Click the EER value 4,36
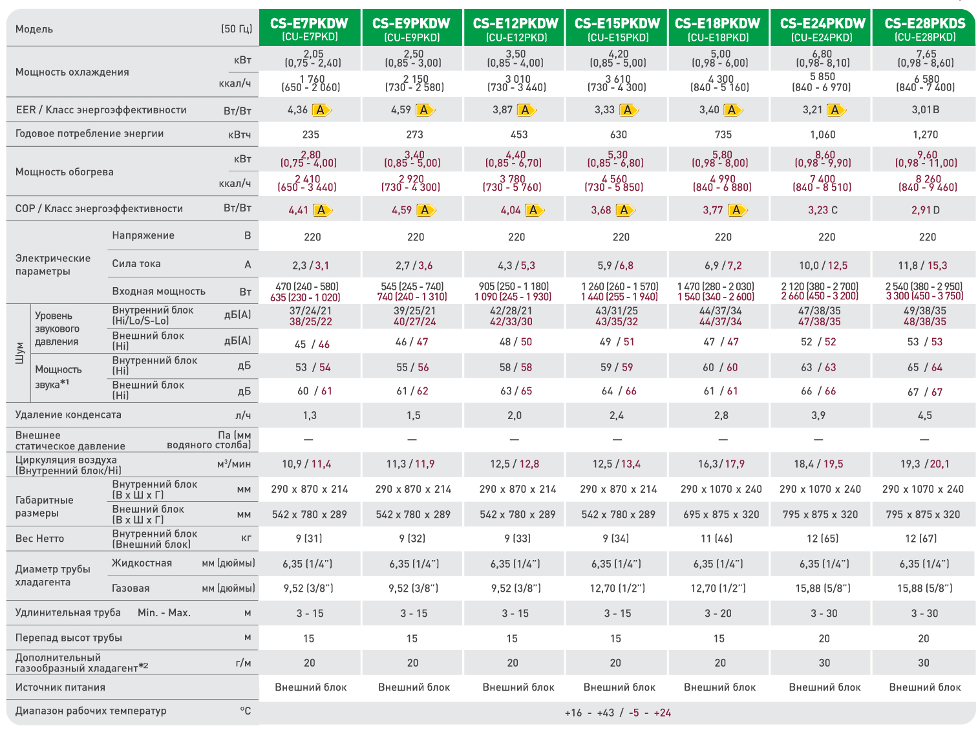297,109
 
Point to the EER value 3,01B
925,109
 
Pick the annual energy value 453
518,135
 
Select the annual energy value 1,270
925,135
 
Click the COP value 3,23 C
822,210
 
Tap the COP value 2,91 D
925,210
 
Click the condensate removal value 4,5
924,415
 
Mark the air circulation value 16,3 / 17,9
721,464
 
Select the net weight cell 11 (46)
716,539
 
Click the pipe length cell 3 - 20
718,613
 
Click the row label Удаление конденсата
68,414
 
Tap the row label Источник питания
60,687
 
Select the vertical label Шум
19,353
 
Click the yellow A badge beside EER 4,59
425,109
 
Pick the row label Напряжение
143,235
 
